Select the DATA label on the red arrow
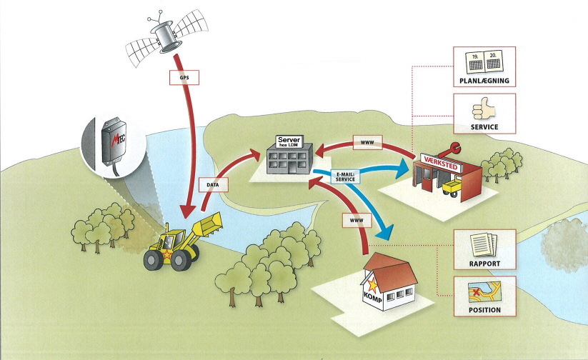coord(213,184)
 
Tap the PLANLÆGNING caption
coord(484,81)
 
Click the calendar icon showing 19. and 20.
coord(484,61)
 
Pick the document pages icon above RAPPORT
coord(484,243)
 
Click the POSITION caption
coord(484,310)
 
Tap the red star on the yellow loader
coord(166,254)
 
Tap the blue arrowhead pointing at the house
coord(386,233)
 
